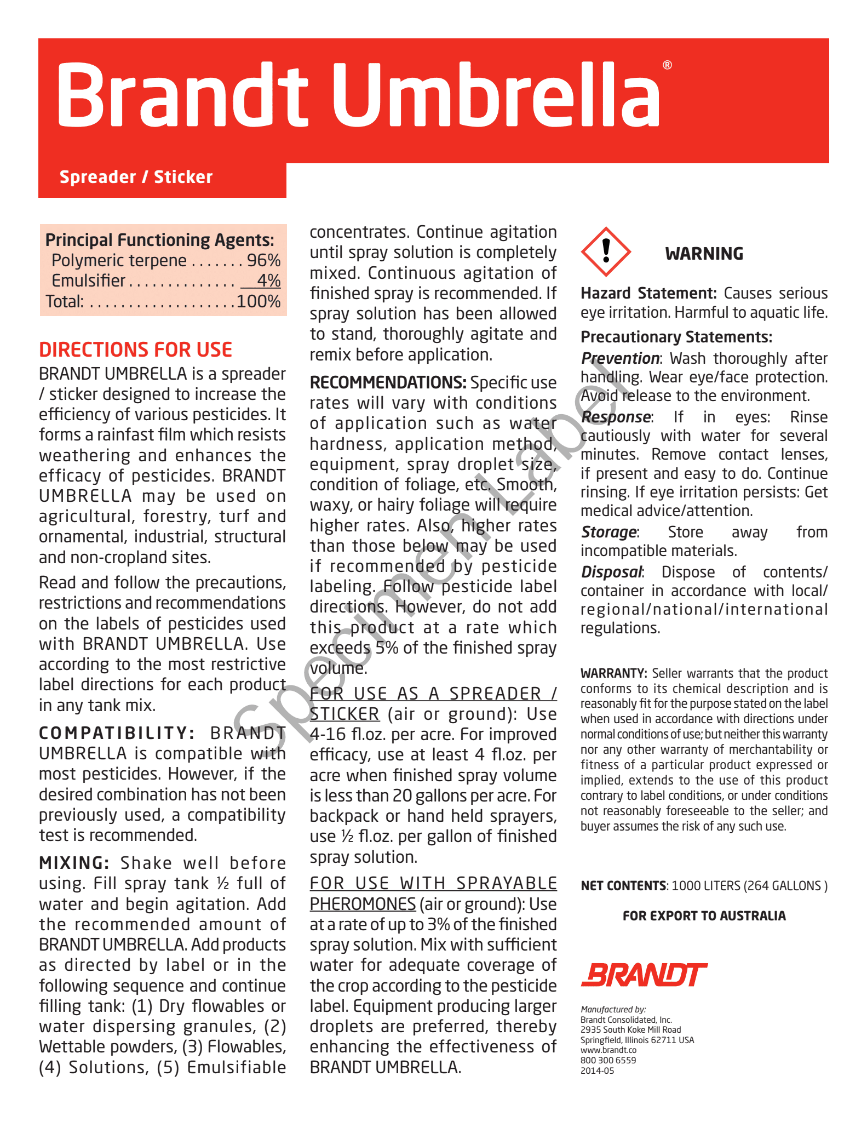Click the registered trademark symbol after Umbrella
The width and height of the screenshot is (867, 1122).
(x=667, y=65)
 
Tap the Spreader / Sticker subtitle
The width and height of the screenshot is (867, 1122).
(x=136, y=177)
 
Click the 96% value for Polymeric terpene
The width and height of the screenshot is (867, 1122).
(x=263, y=260)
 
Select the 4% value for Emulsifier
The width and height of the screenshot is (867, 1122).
(x=268, y=280)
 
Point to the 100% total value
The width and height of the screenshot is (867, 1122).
(x=259, y=301)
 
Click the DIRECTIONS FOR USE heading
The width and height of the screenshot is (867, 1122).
(x=136, y=350)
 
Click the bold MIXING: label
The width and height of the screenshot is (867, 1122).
(x=74, y=863)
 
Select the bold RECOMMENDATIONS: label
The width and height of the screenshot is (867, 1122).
(x=388, y=382)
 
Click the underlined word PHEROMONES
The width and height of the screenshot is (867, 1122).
(x=363, y=904)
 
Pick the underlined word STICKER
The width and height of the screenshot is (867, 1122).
(x=344, y=714)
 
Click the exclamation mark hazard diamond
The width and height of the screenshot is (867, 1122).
(x=606, y=252)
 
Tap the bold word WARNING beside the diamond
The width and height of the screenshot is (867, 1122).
(x=704, y=254)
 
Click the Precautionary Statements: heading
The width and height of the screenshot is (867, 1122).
(x=676, y=337)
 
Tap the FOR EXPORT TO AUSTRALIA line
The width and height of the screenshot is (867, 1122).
(x=704, y=916)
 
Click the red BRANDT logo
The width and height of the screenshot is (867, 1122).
(x=644, y=975)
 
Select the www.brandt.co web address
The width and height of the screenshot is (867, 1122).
(x=608, y=1050)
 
